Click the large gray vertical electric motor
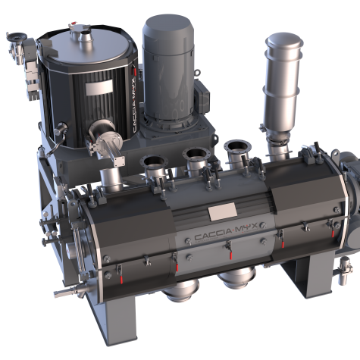(168, 68)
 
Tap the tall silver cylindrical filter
(283, 83)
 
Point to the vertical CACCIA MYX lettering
(135, 105)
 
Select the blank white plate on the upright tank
(99, 87)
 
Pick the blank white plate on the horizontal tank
(222, 211)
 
